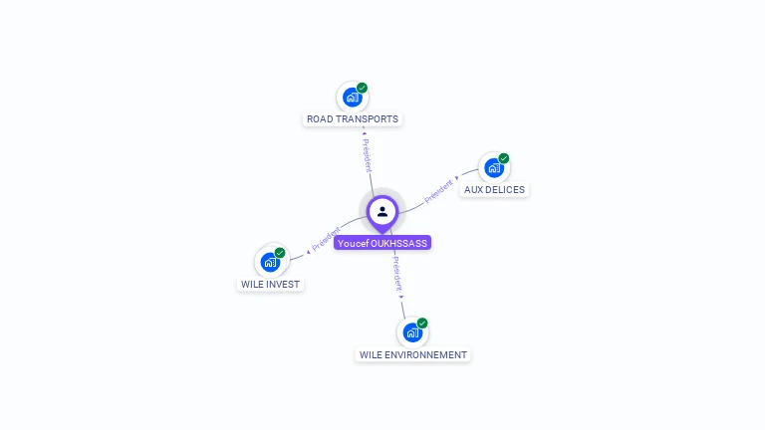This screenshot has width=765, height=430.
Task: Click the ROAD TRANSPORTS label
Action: pos(353,119)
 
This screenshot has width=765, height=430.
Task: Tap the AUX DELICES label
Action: pos(494,190)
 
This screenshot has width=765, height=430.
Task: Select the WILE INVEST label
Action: pos(270,285)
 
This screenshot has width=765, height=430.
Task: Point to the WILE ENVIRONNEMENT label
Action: pos(412,355)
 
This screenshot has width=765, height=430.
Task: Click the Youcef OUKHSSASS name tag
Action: pos(382,243)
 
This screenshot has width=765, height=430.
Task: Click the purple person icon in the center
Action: pos(382,211)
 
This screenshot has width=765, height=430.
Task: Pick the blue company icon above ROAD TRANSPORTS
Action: pos(352,97)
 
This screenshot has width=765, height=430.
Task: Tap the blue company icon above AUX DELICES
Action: pos(493,167)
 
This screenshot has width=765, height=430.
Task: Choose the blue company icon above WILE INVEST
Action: pos(269,262)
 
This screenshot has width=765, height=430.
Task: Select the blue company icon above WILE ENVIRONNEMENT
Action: pos(411,332)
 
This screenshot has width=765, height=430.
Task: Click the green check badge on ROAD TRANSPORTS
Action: pos(363,88)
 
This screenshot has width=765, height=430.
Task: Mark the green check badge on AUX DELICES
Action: pos(504,158)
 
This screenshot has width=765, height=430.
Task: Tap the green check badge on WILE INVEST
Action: pos(280,253)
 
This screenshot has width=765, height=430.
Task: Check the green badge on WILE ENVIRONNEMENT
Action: pos(422,323)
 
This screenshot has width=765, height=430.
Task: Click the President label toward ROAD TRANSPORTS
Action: pos(367,155)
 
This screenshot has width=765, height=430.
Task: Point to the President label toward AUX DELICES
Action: pos(438,190)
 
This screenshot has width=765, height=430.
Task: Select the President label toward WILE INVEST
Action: pos(326,239)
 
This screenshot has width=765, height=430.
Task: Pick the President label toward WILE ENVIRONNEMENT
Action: pos(396,271)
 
